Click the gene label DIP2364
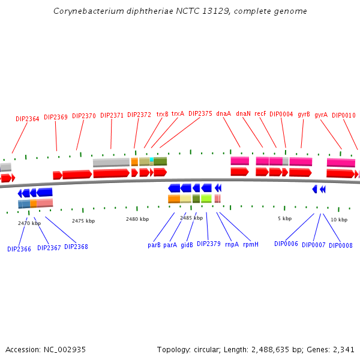[27, 119]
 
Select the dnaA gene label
[223, 113]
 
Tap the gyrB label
[304, 114]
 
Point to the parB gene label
[154, 245]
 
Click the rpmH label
[251, 244]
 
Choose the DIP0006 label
[286, 244]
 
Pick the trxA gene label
[178, 113]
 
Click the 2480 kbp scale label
[137, 219]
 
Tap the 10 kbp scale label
[339, 220]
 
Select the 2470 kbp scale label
[29, 223]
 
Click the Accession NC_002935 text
[46, 349]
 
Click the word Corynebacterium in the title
[84, 11]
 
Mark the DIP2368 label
[76, 247]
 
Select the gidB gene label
[187, 245]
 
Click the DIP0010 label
[344, 115]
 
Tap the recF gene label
[260, 113]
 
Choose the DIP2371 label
[112, 115]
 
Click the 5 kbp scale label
[284, 218]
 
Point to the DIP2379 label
[209, 244]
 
